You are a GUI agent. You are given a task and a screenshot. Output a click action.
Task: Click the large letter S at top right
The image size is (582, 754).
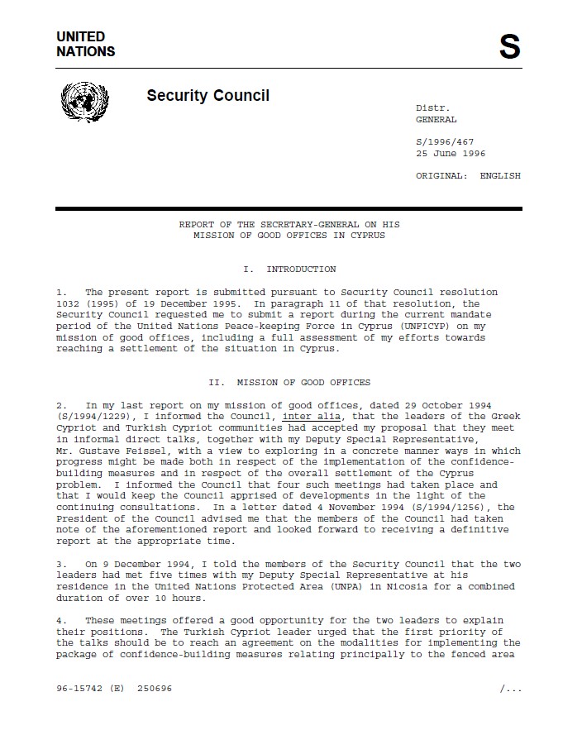tap(509, 47)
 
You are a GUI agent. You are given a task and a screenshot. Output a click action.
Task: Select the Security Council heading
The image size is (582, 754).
tap(208, 96)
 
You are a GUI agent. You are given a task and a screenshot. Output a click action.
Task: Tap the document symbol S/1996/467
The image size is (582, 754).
tap(445, 142)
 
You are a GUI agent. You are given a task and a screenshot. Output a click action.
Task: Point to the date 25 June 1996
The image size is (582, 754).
tap(451, 154)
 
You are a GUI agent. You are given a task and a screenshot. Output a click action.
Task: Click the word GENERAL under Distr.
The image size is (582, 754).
tap(436, 120)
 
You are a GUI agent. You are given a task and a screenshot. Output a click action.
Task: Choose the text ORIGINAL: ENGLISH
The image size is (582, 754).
tap(468, 175)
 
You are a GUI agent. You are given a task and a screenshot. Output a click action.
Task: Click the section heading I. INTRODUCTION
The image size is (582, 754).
tap(289, 270)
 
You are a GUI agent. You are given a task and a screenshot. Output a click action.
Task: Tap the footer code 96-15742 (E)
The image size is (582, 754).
tap(90, 688)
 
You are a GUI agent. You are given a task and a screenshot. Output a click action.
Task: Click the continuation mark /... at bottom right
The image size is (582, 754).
tap(510, 688)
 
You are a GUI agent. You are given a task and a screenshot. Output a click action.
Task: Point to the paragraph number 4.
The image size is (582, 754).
tap(60, 620)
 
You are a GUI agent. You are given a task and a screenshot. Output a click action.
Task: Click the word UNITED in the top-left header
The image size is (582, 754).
tap(80, 37)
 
